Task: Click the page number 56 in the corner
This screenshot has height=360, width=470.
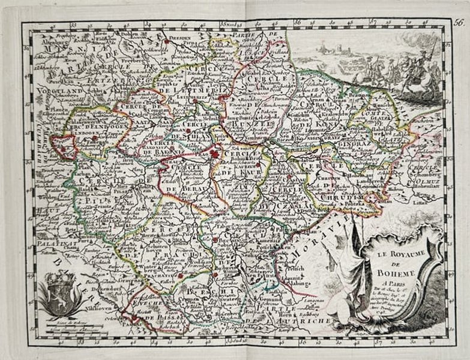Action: tap(459, 23)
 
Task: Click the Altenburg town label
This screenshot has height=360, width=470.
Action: tap(49, 43)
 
